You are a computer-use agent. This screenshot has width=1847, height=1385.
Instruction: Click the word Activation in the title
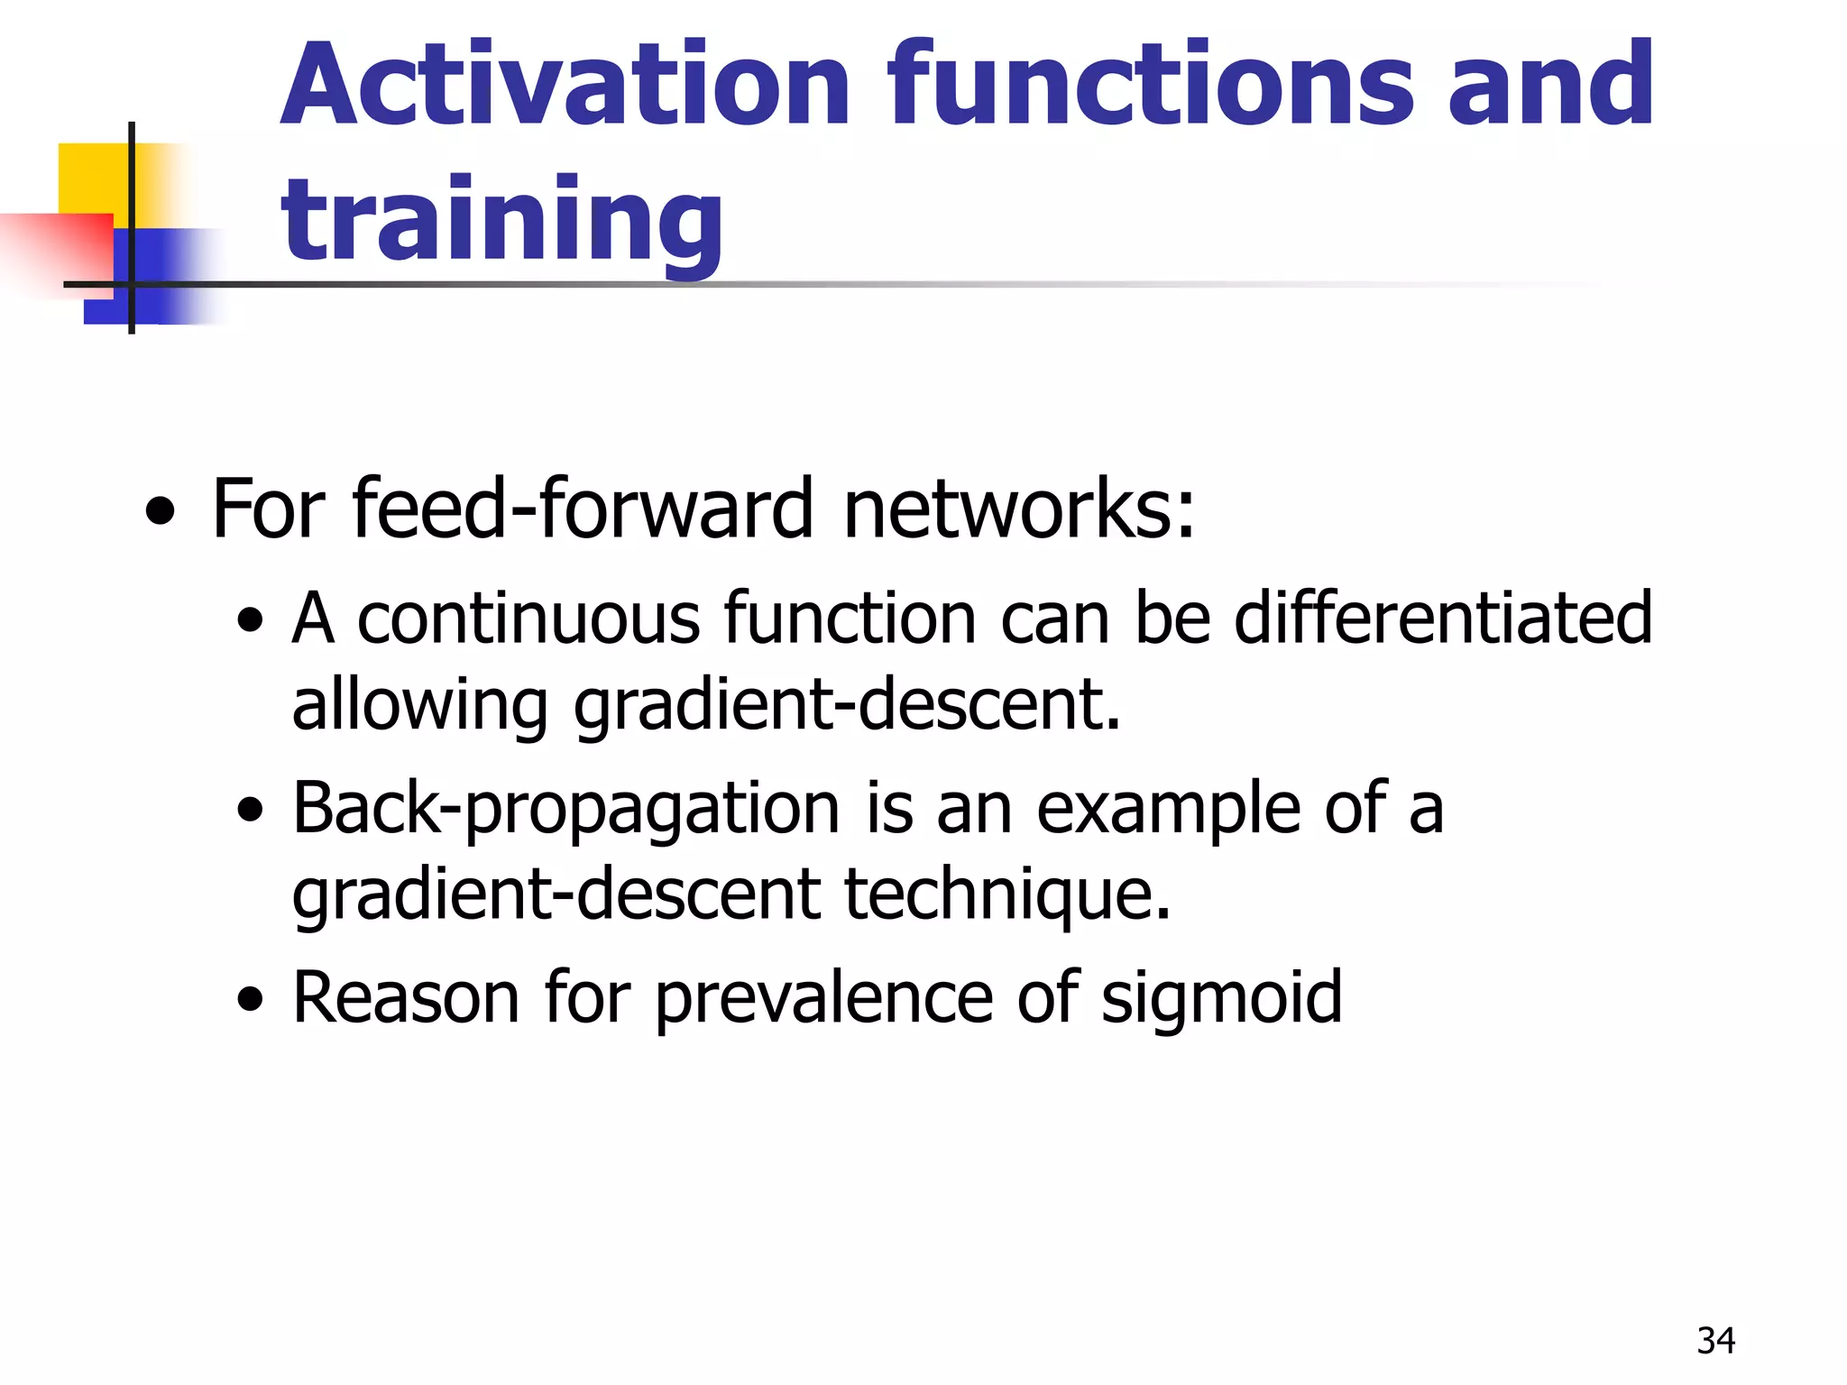click(x=565, y=86)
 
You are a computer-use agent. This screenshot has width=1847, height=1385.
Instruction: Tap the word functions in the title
click(x=1151, y=86)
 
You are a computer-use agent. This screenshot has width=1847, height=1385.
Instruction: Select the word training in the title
click(x=501, y=221)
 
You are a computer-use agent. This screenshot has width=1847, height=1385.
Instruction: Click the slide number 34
click(x=1715, y=1341)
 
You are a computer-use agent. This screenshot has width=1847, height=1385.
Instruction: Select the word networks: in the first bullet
click(x=1019, y=509)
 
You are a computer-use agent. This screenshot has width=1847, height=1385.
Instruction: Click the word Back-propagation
click(x=566, y=810)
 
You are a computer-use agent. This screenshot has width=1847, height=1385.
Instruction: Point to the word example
click(x=1168, y=810)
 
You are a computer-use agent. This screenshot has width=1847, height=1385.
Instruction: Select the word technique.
click(x=1007, y=894)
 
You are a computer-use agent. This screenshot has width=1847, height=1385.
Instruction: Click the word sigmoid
click(x=1221, y=999)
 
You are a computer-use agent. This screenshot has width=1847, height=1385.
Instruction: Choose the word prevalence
click(x=823, y=999)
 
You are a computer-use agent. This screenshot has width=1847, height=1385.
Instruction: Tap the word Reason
click(x=406, y=997)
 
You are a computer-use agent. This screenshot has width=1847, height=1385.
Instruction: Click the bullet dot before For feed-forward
click(x=161, y=513)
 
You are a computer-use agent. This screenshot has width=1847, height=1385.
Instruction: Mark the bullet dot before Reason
click(x=250, y=1000)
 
